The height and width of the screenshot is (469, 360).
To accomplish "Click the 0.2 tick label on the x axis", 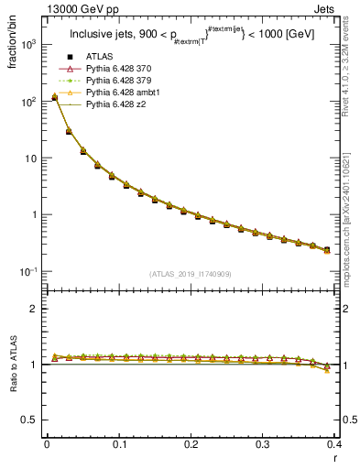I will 191,443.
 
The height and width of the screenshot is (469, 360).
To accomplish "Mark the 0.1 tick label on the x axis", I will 119,443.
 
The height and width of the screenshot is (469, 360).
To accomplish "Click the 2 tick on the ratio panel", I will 35,309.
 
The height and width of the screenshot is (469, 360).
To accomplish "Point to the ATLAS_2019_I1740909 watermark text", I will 191,275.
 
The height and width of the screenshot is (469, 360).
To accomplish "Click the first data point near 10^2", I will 55,97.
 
